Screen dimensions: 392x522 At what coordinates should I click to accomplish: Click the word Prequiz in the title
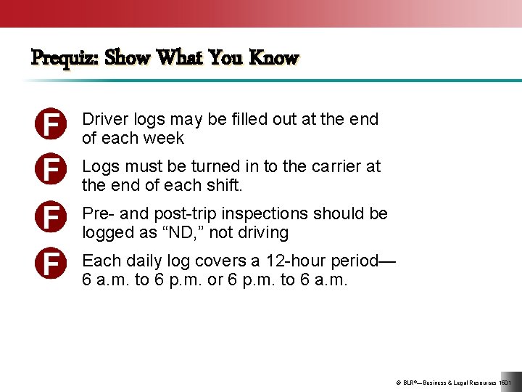(x=65, y=57)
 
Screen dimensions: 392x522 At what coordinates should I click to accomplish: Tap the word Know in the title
(x=273, y=57)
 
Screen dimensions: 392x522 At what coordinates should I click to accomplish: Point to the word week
(x=164, y=138)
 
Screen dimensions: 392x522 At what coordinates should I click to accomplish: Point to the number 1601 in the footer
(x=505, y=383)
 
